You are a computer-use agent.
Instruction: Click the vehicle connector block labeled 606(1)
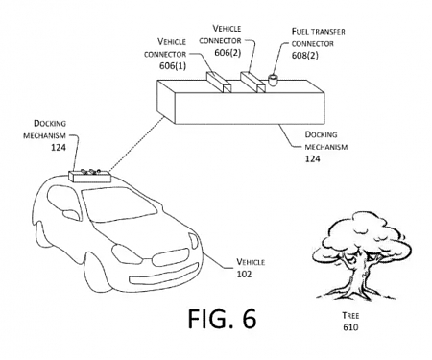[x=216, y=81]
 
